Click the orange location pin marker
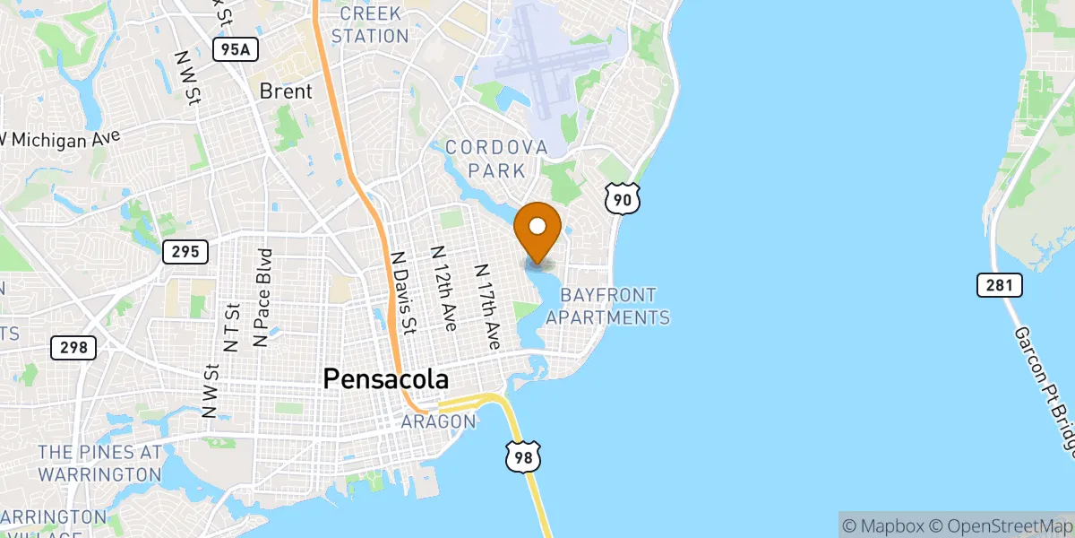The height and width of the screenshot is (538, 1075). (538, 231)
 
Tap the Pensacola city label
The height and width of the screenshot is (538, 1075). (385, 379)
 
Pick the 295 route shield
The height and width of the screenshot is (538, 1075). (185, 252)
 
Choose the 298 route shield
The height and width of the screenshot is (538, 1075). (73, 347)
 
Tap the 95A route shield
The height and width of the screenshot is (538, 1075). (236, 49)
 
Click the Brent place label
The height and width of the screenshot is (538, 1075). (286, 91)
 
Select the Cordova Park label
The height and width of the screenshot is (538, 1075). (496, 158)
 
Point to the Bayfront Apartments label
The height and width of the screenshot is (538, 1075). (608, 306)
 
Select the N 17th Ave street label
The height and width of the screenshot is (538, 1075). (486, 307)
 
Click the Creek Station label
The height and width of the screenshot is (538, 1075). (370, 25)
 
